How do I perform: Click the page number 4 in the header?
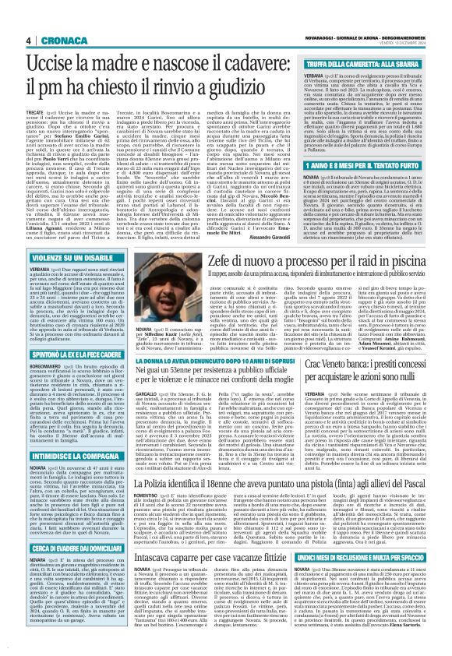coord(27,41)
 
